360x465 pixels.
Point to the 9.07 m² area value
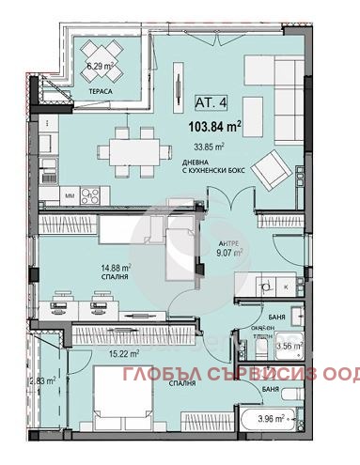[x=229, y=252]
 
